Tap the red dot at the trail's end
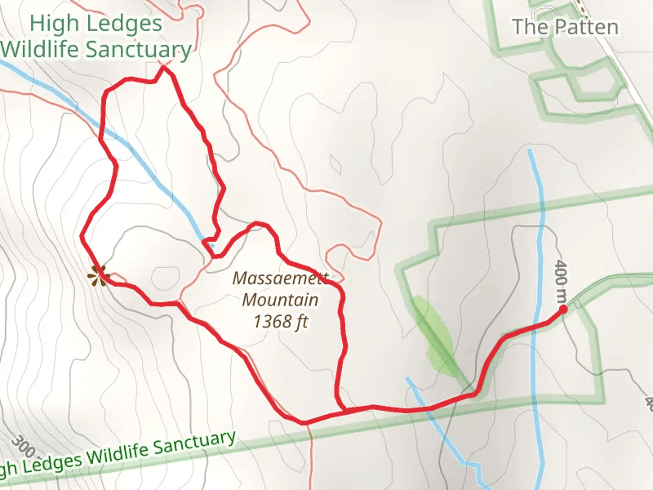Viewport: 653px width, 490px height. coord(563,310)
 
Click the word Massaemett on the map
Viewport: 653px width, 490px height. coord(281,278)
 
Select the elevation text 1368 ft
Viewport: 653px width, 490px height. coord(281,322)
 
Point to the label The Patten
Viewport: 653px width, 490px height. coord(565,27)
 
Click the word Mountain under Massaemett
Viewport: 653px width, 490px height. coord(280,300)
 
